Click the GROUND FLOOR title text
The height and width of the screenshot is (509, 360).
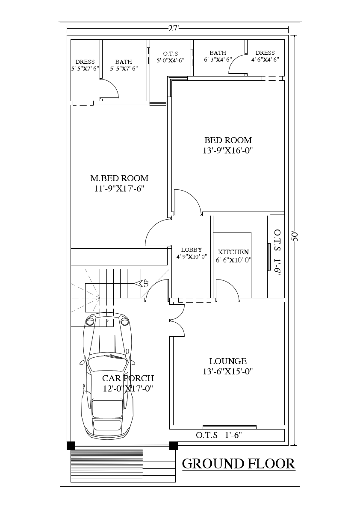[x=239, y=464]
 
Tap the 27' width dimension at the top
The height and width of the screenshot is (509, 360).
[x=173, y=29]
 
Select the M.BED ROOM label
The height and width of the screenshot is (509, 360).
[x=119, y=178]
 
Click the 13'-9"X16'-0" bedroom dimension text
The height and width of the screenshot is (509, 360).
[x=228, y=150]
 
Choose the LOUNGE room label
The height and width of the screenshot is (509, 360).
[x=228, y=361]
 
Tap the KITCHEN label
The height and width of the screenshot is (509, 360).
[x=233, y=252]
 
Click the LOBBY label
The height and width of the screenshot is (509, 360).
[x=191, y=250]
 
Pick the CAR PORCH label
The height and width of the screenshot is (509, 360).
[x=128, y=378]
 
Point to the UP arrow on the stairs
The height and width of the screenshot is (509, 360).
[x=141, y=283]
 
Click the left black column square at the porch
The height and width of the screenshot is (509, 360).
[x=71, y=445]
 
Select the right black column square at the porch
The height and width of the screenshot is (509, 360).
[x=174, y=445]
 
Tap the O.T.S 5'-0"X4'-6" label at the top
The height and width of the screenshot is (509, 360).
[x=170, y=56]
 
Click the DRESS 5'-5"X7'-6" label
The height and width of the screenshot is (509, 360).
[x=85, y=65]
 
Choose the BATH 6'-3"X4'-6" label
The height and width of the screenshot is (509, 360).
[x=218, y=56]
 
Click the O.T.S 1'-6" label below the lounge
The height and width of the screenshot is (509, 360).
[x=219, y=435]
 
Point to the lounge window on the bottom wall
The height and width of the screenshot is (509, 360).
[x=230, y=427]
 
